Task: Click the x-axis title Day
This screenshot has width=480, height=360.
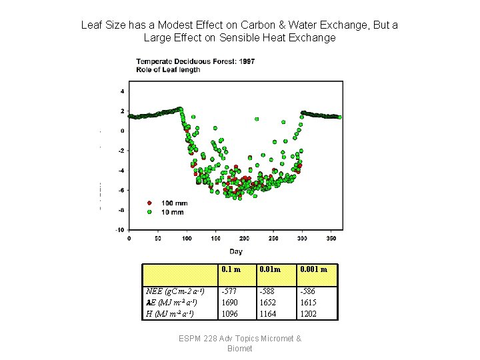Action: point(236,251)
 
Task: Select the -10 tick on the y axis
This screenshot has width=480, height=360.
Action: point(121,229)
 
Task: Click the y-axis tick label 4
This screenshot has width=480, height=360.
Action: point(122,91)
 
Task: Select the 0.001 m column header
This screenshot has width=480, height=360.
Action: point(314,269)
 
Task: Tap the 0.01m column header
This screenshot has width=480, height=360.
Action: point(271,269)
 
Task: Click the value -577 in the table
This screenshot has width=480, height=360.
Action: point(229,291)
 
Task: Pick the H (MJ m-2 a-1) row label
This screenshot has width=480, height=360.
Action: point(170,314)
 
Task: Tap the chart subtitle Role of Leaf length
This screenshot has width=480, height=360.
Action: point(168,69)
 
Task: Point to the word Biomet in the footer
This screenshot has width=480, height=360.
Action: point(240,349)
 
